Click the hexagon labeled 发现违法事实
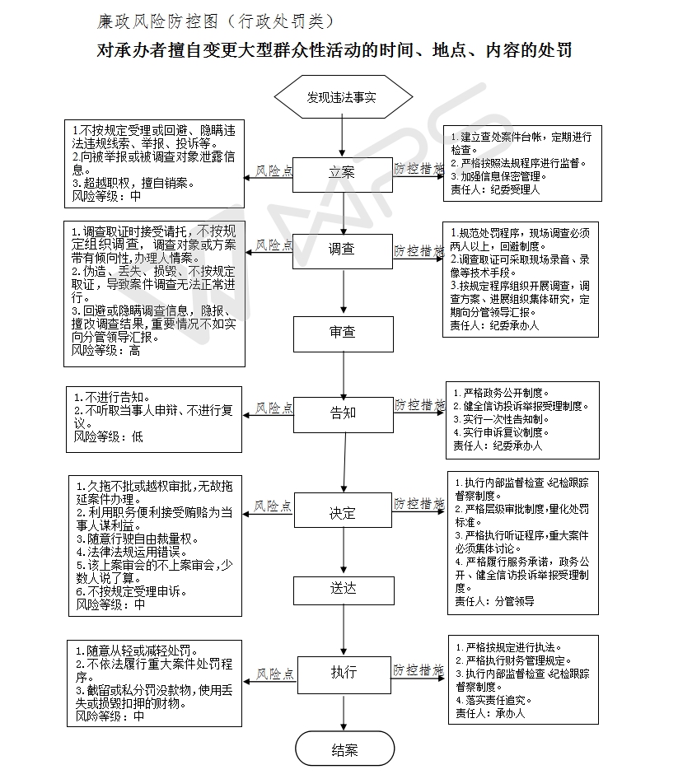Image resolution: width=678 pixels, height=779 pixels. click(343, 97)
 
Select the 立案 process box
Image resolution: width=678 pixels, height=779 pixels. click(343, 175)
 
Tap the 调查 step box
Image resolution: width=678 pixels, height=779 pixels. click(343, 251)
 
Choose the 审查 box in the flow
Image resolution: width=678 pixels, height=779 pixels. click(343, 334)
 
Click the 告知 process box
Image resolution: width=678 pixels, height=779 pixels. click(344, 415)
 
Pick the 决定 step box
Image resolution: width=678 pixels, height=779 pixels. click(344, 511)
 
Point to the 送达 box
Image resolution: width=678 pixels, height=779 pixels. click(344, 590)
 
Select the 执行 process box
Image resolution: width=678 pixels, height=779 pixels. click(344, 674)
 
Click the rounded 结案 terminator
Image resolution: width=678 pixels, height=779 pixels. click(345, 749)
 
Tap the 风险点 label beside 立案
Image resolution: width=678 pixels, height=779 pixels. click(274, 171)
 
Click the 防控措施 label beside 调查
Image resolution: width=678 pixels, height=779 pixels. click(418, 251)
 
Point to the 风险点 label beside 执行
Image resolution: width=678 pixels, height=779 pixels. click(275, 674)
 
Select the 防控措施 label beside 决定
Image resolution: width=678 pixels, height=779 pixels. click(418, 504)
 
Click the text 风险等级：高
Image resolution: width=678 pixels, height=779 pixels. click(105, 351)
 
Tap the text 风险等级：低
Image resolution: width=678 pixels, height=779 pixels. click(109, 436)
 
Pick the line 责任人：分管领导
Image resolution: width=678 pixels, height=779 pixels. click(494, 602)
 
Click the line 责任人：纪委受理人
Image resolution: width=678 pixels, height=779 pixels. click(495, 189)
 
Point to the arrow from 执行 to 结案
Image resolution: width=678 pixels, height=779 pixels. click(344, 712)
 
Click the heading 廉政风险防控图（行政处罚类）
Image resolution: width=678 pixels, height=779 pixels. click(215, 21)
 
